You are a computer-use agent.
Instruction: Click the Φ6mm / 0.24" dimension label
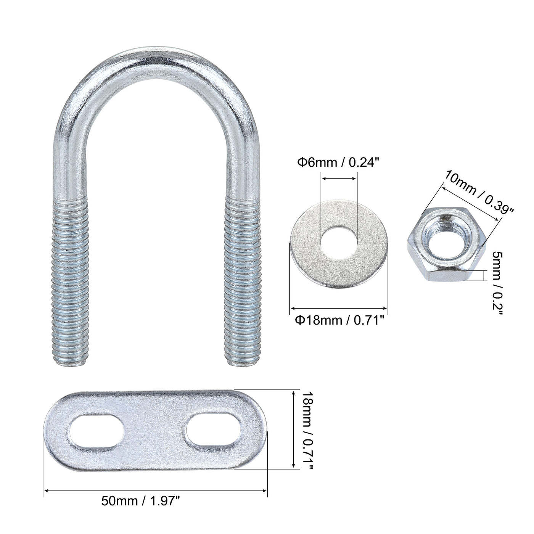click(x=338, y=163)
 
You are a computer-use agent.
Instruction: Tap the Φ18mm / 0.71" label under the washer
click(x=339, y=320)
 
